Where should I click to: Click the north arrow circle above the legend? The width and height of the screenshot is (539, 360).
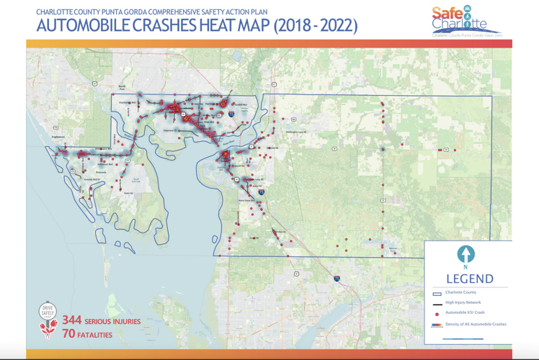click(465, 253)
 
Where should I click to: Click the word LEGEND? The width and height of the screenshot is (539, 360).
click(469, 279)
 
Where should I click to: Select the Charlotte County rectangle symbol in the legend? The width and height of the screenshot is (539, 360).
click(437, 293)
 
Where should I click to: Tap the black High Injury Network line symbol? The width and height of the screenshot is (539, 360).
click(437, 303)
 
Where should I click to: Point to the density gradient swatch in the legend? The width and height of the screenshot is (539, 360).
click(437, 325)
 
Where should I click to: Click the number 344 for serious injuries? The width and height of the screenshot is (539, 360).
click(71, 320)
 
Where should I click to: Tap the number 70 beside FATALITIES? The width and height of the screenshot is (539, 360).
click(68, 334)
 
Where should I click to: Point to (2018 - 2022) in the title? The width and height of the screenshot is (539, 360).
click(314, 27)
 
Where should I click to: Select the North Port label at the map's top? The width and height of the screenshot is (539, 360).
click(122, 87)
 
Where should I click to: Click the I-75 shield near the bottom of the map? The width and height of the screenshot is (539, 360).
click(337, 278)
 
